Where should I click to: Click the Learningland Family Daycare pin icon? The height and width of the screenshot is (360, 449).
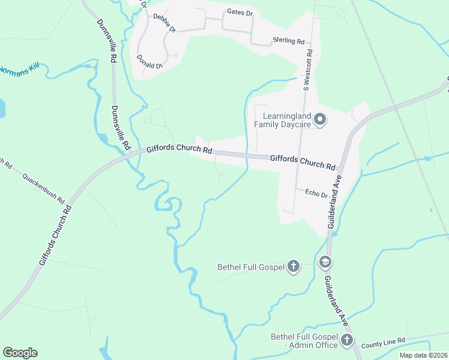tap(321, 119)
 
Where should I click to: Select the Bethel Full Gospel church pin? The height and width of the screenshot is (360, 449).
tap(294, 266)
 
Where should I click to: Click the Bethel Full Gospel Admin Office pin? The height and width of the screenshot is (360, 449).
tap(347, 340)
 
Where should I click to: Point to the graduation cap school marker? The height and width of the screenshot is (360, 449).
tap(325, 262)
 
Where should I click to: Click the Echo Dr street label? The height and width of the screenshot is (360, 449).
tap(316, 194)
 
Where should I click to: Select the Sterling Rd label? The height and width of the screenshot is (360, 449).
tap(289, 41)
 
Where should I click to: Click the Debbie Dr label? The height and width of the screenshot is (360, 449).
tap(164, 23)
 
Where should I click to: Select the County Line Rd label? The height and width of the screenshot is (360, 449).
tap(384, 340)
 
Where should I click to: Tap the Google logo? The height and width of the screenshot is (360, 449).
tap(20, 352)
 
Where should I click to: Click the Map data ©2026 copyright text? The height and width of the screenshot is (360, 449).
tap(423, 355)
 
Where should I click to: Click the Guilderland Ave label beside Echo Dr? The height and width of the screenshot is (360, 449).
tap(334, 203)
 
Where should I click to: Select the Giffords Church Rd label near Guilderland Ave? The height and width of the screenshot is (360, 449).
tap(302, 161)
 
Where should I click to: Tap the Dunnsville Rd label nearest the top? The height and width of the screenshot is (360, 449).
tap(106, 41)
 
